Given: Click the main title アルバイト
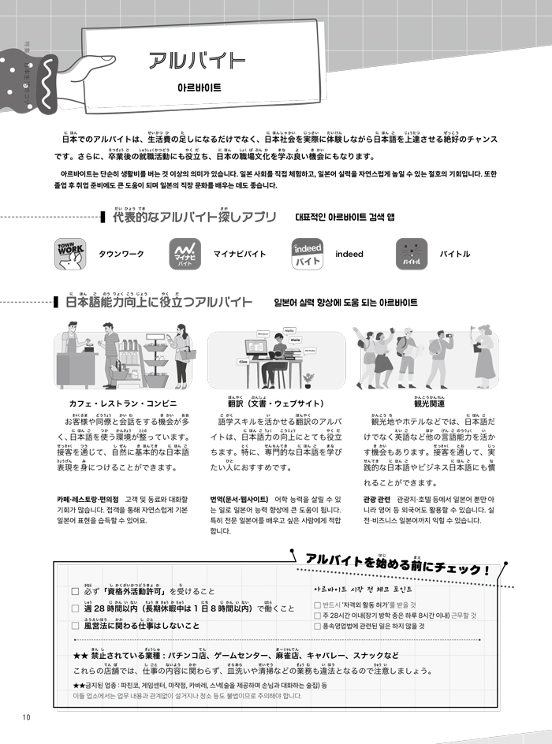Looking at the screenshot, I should pos(198,61).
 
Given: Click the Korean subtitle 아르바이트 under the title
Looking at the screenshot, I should pos(199,89).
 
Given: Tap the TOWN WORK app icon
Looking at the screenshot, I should pos(69,254).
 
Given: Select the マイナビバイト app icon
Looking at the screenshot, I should pos(185,254).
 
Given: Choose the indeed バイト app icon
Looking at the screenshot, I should pos(307,254).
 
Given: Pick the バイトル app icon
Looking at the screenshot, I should pos(411,254).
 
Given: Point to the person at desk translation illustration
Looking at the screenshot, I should pos(276,360).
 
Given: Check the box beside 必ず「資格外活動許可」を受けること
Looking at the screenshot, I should pos(76,591).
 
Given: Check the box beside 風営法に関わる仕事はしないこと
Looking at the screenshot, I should pos(76,626).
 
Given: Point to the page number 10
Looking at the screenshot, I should pos(26,716).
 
